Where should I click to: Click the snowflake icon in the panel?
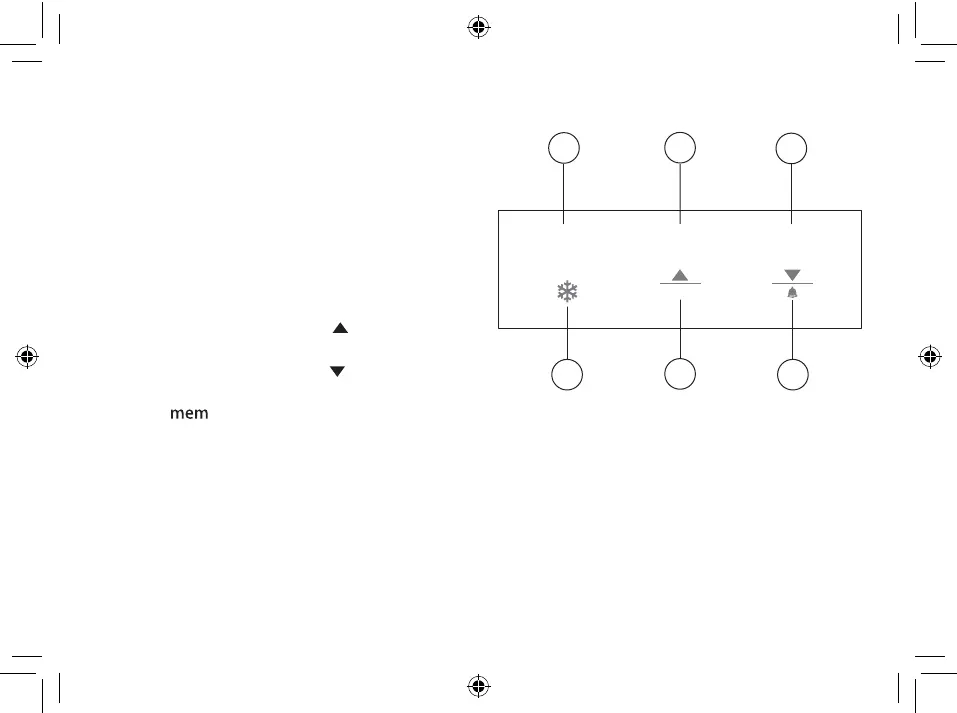coord(568,292)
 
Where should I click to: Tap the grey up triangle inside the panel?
coord(680,274)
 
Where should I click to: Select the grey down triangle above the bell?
coord(793,274)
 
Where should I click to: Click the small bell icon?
coord(793,292)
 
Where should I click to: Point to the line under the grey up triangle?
coord(680,284)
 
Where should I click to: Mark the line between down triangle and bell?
coord(793,283)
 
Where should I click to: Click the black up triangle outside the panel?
coord(339,327)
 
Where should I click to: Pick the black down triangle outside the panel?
coord(337,371)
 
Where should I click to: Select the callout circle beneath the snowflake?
coord(568,376)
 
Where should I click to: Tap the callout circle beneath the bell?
coord(793,376)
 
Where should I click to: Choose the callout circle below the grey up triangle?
coord(680,376)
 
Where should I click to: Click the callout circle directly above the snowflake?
coord(565,148)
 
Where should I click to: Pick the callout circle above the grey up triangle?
coord(680,147)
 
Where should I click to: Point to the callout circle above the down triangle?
coord(792,148)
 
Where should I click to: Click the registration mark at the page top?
coord(478,27)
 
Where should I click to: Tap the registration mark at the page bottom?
coord(478,686)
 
